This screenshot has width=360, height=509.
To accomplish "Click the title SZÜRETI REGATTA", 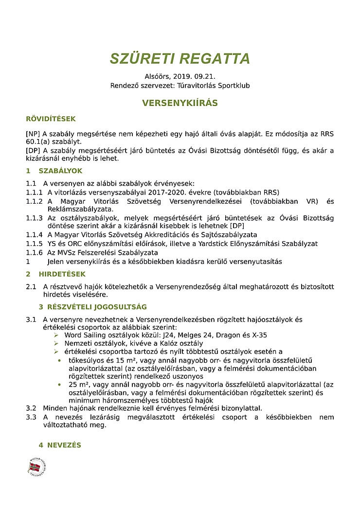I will (x=180, y=58).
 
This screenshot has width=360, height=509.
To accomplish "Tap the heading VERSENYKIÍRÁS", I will (x=180, y=103).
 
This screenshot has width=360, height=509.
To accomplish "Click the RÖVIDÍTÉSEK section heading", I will (x=51, y=119).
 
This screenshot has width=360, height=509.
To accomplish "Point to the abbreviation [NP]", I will (x=33, y=134).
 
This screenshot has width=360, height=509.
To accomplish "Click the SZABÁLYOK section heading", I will (x=60, y=171).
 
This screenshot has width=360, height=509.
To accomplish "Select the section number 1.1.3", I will (x=35, y=218).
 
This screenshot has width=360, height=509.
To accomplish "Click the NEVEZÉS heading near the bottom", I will (x=64, y=445).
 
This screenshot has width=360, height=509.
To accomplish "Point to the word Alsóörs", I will (x=156, y=77).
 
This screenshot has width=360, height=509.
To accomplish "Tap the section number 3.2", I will (x=31, y=408).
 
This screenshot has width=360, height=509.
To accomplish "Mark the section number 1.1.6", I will (x=35, y=252).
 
